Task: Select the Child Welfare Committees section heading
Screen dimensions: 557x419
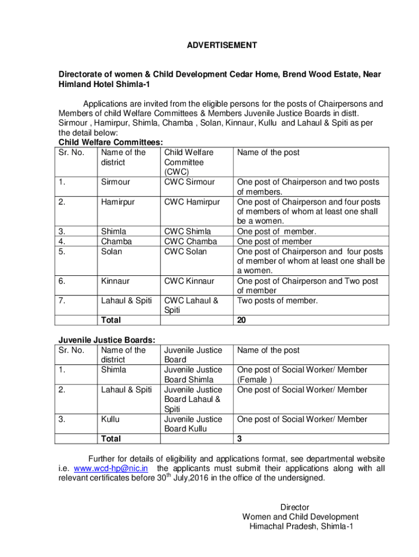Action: (x=103, y=143)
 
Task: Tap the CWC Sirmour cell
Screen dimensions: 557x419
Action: (x=189, y=182)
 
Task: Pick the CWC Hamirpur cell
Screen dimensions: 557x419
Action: (x=192, y=202)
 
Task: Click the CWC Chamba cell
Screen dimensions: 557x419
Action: (x=190, y=242)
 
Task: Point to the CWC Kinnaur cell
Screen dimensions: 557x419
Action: (x=189, y=281)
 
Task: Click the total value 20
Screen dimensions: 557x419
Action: (x=242, y=320)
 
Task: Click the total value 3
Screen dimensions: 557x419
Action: (x=239, y=439)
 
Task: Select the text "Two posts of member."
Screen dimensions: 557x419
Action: (x=276, y=301)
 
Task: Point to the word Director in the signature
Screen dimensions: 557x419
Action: (x=295, y=507)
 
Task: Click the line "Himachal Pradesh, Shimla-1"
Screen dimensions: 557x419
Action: (x=301, y=527)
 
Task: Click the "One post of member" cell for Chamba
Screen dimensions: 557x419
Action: (x=274, y=242)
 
